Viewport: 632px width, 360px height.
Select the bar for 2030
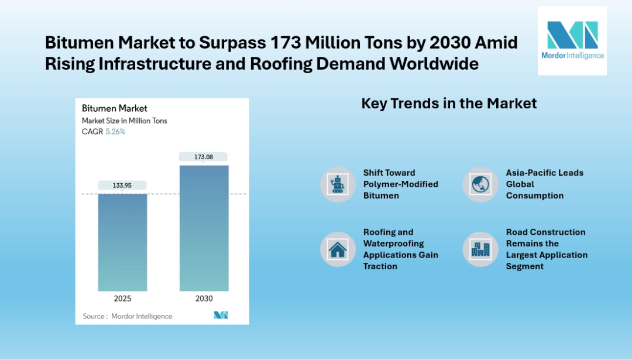[204, 228]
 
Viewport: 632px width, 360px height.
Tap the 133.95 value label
[122, 186]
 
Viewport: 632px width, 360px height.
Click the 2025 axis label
[122, 299]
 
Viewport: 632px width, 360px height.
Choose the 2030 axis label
[204, 299]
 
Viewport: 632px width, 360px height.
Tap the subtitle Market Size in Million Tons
[125, 121]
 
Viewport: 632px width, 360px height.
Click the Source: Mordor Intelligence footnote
[128, 316]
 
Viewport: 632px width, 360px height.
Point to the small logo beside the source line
[221, 316]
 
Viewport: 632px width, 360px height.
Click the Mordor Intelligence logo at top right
[572, 40]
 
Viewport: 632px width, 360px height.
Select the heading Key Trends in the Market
[449, 104]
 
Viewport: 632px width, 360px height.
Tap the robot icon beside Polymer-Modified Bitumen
[338, 184]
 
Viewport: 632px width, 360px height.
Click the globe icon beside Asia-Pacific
[480, 184]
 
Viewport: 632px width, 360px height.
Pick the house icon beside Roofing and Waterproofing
[338, 249]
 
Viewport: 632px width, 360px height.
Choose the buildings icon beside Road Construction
[480, 249]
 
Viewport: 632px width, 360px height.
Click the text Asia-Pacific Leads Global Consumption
[544, 184]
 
